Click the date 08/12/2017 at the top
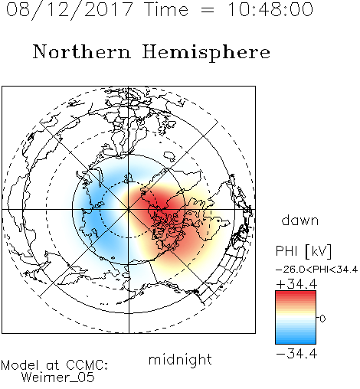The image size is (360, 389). pos(70,10)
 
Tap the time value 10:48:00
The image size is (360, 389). pos(270,9)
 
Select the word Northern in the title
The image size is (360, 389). pos(82,52)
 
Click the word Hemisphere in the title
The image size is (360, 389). pos(206,53)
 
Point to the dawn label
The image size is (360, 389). pos(300,220)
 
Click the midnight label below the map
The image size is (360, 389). pos(180,361)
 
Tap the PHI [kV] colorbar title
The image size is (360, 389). pos(304,251)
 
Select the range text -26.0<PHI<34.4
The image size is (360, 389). pos(317,270)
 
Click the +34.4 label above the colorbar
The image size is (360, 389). pos(296,284)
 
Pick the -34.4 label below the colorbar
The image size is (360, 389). pos(296,354)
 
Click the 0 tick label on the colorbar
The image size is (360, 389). pos(322,319)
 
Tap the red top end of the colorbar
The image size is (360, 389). pos(296,293)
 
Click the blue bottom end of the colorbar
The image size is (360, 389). pos(296,342)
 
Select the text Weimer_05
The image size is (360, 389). pos(58,378)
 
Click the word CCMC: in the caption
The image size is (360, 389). pos(87,365)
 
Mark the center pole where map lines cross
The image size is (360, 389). pos(129,210)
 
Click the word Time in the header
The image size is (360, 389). pos(166,9)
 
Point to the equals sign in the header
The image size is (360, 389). pos(208,10)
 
